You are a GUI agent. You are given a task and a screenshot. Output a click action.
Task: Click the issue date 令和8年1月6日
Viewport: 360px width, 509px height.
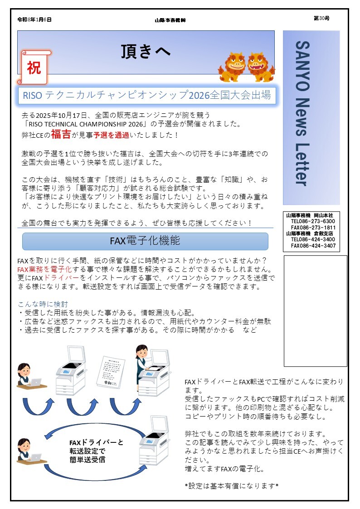coord(34,19)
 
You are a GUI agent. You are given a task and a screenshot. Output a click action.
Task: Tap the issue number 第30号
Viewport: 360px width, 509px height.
coord(321,18)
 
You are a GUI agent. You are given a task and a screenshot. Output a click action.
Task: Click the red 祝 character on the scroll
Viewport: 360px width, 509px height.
coord(34,68)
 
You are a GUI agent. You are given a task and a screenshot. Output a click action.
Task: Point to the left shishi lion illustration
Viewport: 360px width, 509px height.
coord(233,67)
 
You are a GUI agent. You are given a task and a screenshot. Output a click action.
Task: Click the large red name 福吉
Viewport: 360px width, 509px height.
coord(60,134)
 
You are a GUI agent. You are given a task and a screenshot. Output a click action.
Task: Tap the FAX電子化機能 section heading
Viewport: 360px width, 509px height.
coord(145,241)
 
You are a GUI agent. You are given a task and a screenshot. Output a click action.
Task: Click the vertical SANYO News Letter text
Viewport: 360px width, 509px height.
coord(303,113)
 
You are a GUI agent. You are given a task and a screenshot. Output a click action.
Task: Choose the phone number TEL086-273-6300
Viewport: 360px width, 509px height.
coord(313,221)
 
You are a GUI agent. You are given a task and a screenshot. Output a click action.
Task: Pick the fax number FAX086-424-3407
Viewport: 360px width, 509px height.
coord(313,246)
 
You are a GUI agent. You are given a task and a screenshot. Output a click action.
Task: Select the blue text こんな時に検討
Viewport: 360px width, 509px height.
coord(43,304)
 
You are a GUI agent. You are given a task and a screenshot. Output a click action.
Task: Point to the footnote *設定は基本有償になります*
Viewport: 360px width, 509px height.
coord(231,486)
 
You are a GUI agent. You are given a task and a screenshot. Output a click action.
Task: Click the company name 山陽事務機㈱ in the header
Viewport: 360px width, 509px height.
coord(170,20)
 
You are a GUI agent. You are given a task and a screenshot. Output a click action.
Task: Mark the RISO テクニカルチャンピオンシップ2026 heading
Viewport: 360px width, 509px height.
coord(146,95)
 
